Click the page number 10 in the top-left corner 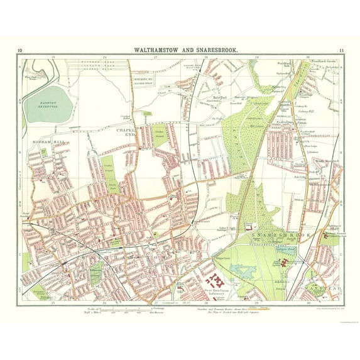click(20, 50)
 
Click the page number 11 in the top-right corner click(340, 50)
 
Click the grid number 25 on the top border click(53, 57)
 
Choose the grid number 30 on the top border click(307, 57)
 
